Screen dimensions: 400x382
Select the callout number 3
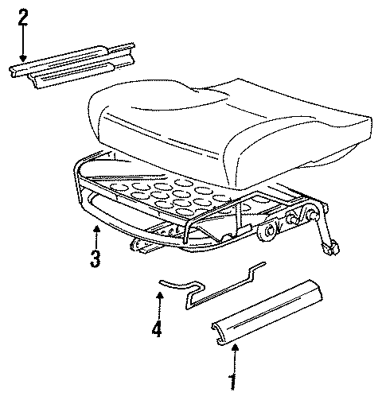point(95,258)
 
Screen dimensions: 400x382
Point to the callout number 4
point(158,327)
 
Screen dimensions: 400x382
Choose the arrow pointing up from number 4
point(158,302)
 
